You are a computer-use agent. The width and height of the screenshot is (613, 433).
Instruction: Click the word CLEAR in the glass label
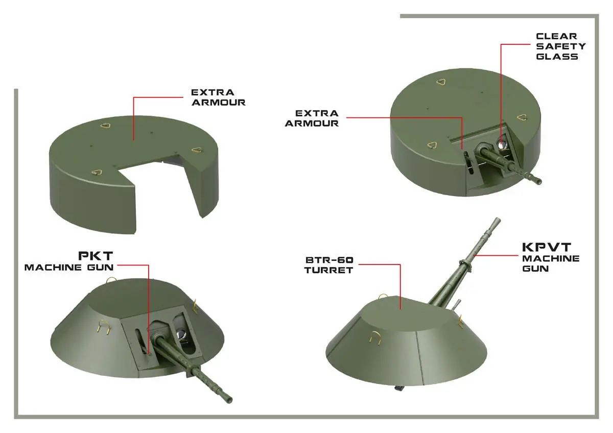[x=556, y=36]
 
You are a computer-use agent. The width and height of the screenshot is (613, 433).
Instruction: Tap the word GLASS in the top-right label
[x=557, y=57]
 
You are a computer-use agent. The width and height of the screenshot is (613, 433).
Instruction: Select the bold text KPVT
[x=547, y=247]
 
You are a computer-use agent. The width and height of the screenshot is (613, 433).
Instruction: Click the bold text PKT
[x=96, y=256]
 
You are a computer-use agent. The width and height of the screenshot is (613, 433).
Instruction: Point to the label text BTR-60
[x=329, y=260]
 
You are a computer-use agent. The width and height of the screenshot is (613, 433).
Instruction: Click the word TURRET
[x=328, y=270]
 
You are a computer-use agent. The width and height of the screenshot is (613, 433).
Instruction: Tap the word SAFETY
[x=561, y=46]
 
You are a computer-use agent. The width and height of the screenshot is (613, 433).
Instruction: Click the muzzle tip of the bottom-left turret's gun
[x=229, y=400]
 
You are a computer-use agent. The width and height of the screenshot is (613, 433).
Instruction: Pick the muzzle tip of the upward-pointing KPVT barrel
[x=497, y=219]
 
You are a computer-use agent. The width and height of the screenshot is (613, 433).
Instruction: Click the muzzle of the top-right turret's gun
[x=538, y=181]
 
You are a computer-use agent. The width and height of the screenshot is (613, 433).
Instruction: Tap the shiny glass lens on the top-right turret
[x=502, y=145]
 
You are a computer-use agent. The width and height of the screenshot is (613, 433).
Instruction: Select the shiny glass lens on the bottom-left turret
[x=181, y=334]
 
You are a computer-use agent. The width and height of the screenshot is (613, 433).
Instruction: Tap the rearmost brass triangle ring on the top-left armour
[x=105, y=125]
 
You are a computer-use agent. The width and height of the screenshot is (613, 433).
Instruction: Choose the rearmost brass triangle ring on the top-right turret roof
[x=441, y=82]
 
